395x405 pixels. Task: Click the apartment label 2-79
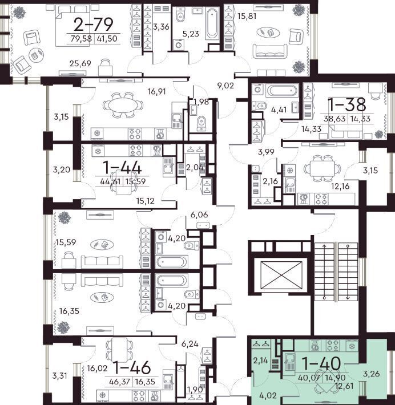click(93, 25)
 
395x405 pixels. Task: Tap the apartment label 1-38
click(346, 104)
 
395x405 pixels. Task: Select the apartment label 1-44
click(122, 167)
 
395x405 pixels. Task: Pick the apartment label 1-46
click(132, 367)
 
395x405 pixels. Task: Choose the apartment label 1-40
click(321, 364)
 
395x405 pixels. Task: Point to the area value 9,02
click(225, 86)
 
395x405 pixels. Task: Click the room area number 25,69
click(80, 63)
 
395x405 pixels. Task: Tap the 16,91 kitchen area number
click(156, 91)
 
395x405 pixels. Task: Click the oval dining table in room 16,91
click(123, 105)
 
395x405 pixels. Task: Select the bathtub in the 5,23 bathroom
click(212, 23)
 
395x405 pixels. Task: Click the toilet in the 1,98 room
click(201, 123)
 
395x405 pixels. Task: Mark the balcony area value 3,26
click(371, 374)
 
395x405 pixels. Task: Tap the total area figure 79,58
click(81, 39)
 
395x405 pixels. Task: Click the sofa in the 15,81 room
click(270, 52)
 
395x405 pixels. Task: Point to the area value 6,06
click(199, 214)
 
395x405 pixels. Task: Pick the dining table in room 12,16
click(322, 168)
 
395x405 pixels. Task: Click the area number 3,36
click(161, 27)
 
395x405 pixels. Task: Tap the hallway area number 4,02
click(268, 395)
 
